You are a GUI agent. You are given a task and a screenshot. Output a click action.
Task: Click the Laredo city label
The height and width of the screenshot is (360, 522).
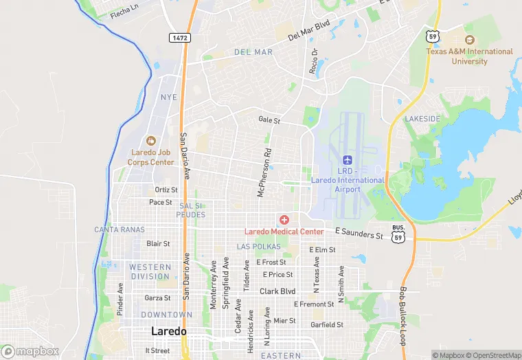[168, 331]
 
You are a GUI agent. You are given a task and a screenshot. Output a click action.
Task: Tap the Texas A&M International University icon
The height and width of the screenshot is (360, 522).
[470, 40]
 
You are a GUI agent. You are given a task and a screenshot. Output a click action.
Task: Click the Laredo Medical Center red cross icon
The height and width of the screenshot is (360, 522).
[284, 219]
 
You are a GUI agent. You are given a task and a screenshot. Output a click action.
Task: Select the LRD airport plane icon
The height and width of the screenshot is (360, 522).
[357, 159]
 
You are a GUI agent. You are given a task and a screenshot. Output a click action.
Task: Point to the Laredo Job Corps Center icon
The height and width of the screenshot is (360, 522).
[151, 140]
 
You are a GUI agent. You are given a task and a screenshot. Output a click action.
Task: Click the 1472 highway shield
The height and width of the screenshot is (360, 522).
[180, 37]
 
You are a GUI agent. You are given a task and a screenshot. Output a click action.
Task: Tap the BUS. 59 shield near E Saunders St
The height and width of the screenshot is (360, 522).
[398, 233]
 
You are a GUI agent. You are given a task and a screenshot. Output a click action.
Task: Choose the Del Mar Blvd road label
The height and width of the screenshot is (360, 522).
[309, 30]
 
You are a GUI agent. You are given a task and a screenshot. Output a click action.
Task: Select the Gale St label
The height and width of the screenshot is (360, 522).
[269, 120]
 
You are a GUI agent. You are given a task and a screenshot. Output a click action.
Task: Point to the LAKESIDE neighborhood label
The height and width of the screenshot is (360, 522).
[422, 119]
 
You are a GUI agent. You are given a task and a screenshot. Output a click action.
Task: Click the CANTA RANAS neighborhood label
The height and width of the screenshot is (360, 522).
[120, 229]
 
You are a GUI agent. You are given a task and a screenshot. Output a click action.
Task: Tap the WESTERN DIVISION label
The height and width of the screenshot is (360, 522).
[150, 271]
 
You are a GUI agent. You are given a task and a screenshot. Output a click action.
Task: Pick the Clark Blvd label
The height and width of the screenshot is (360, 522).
[277, 291]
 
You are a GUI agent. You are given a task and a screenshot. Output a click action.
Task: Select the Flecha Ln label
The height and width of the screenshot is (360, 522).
[124, 12]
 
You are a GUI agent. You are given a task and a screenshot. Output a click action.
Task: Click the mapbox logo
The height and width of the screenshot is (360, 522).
[30, 351]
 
